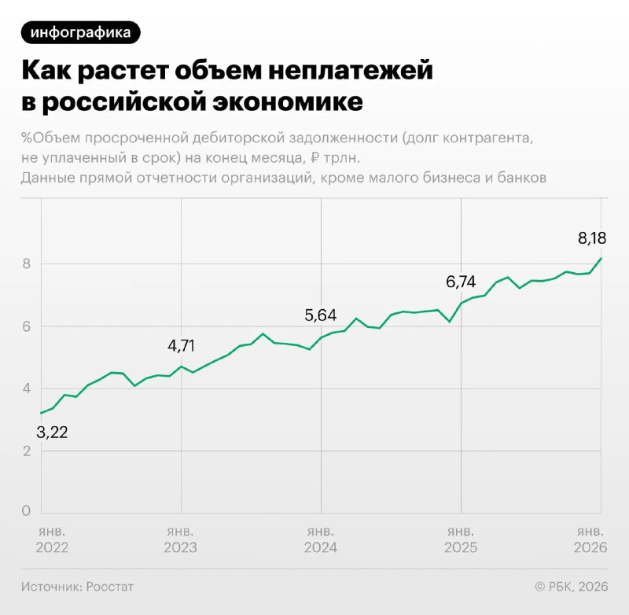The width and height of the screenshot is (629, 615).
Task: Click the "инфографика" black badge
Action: click(81, 32)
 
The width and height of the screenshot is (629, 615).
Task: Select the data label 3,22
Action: click(52, 432)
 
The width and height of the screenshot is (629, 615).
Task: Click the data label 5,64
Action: click(320, 315)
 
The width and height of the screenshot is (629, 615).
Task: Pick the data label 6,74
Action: click(462, 282)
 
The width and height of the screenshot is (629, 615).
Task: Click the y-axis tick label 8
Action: click(26, 263)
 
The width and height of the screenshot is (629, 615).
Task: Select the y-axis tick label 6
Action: click(26, 326)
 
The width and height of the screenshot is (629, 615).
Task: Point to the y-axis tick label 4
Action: click(26, 389)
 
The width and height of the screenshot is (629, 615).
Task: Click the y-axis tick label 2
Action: click(26, 451)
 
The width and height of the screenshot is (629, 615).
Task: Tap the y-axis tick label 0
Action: click(26, 511)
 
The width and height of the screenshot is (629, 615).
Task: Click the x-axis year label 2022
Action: click(52, 547)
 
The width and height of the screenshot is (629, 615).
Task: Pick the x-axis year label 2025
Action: click(460, 547)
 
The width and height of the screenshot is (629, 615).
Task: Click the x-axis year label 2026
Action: click(590, 547)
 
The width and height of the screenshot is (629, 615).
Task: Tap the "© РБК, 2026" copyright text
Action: click(571, 587)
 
